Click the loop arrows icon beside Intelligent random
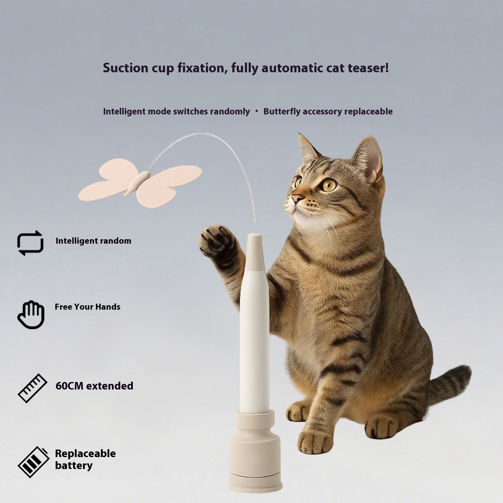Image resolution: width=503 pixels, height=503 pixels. pos(30,243)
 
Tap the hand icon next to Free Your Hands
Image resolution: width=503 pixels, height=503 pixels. pos(31,315)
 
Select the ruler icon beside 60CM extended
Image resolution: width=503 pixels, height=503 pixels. pos(32,388)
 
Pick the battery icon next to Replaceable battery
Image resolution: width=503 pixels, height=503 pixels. pos(33,462)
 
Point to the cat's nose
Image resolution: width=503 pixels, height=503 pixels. pos(297,198)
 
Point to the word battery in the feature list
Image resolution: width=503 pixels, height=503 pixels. pos(74,465)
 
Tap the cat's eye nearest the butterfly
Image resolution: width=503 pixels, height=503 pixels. pos(298,182)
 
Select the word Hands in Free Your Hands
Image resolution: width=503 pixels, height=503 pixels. pos(108,307)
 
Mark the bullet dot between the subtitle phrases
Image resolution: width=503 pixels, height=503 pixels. pos(257,111)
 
